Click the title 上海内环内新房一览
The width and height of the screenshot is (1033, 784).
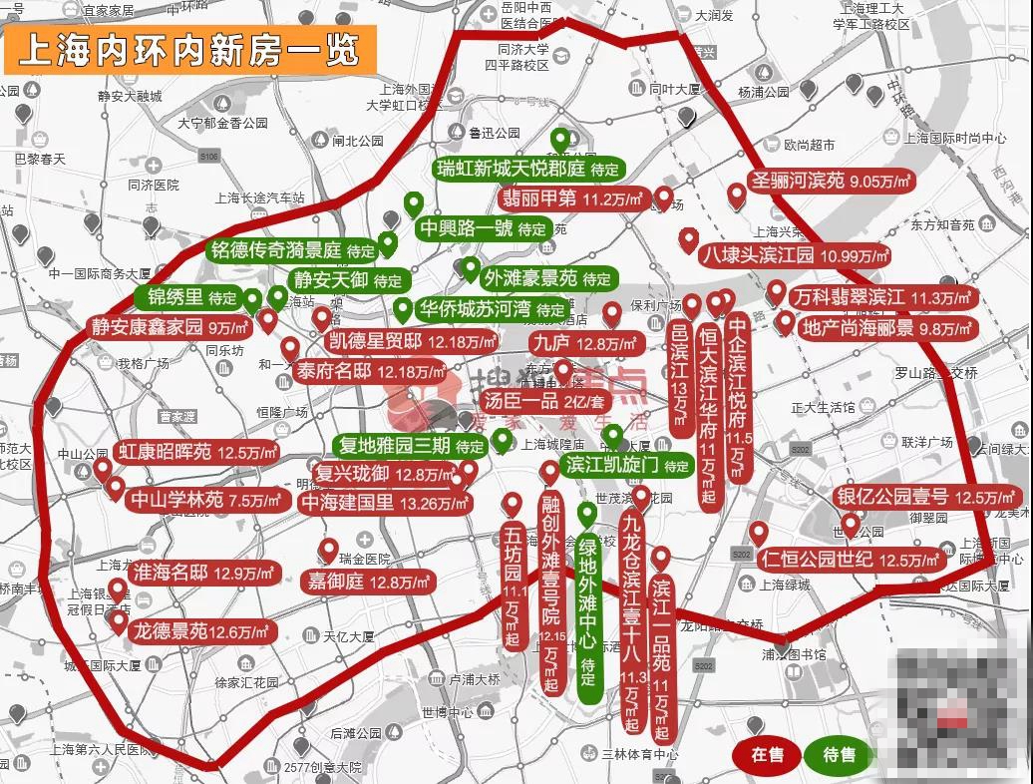coord(189,49)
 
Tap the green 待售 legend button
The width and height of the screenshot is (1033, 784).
coord(840,755)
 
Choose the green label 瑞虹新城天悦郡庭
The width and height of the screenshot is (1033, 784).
coord(529,168)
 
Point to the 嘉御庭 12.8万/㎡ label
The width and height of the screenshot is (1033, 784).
coord(368,581)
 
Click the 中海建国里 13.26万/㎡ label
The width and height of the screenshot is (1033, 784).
coord(385,503)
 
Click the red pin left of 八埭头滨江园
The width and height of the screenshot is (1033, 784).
coord(688,240)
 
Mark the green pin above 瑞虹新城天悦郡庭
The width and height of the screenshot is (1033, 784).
coord(560,140)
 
